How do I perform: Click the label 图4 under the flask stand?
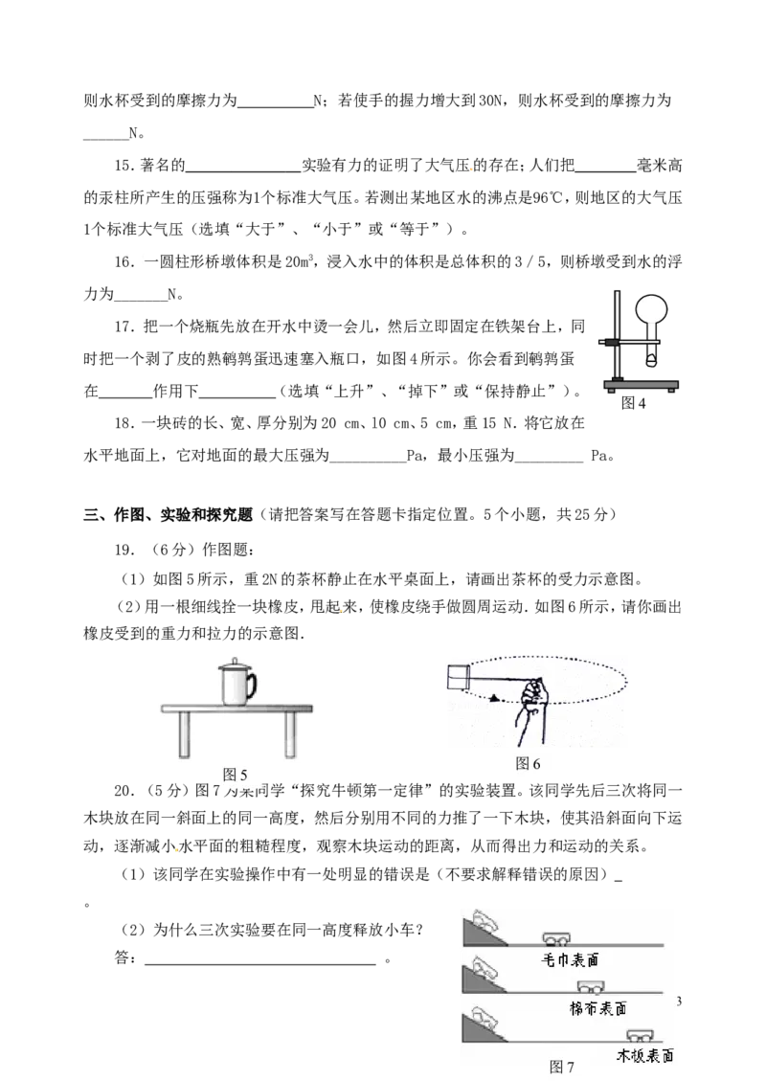pos(633,403)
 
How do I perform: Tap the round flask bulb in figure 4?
pos(651,311)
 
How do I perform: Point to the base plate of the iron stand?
pos(641,385)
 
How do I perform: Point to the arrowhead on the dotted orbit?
pos(494,698)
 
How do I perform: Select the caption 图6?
pos(528,763)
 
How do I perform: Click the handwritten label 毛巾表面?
pos(570,959)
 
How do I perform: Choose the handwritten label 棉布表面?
pos(597,1008)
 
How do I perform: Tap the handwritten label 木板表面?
pos(644,1055)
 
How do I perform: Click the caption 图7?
pos(562,1067)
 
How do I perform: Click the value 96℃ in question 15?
pos(548,198)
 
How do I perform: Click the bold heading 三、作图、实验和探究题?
pos(168,514)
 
